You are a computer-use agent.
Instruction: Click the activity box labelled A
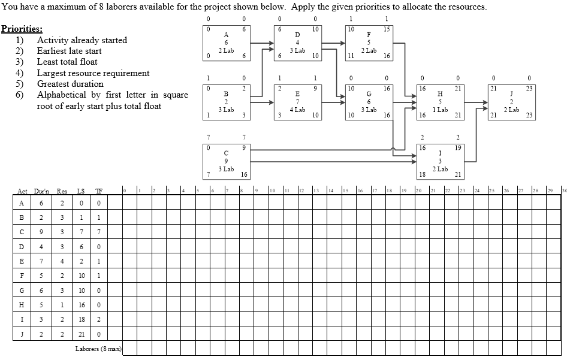226,43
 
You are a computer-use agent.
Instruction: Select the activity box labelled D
297,43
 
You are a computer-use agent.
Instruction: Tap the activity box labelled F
369,43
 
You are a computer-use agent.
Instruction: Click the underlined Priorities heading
22,29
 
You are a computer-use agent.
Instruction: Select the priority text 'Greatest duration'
70,84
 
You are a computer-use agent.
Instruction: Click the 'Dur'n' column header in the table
41,191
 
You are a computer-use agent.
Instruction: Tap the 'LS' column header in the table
80,191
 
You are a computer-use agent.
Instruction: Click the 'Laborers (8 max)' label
98,348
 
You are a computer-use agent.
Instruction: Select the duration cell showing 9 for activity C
42,232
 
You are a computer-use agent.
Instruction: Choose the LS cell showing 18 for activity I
80,319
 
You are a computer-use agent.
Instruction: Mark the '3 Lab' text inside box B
226,110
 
